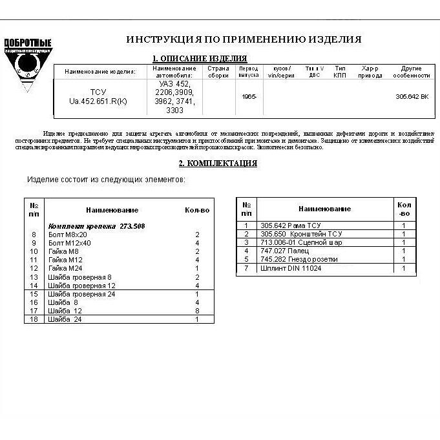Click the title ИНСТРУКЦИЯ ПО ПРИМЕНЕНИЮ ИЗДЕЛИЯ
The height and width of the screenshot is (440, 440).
point(244,39)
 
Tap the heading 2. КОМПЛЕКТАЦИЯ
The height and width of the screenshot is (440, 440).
point(218,163)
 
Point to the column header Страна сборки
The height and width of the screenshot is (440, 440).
point(218,71)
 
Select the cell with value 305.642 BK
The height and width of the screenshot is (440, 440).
point(412,97)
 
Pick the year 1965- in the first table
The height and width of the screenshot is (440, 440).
point(249,97)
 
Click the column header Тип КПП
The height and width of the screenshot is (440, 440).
point(340,71)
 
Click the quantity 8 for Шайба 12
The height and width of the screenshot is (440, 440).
point(197,311)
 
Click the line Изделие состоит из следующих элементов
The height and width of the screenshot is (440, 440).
point(106,179)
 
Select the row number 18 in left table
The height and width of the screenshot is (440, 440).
point(34,319)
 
